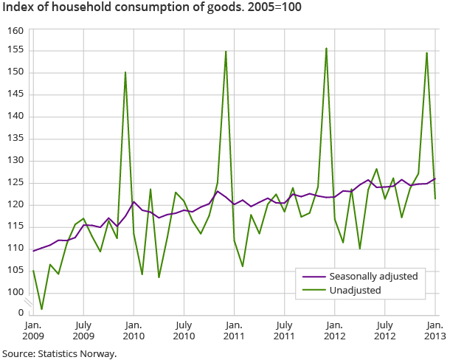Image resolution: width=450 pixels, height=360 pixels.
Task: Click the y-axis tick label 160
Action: coord(16,31)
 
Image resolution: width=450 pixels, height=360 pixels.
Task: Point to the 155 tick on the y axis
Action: coord(16,50)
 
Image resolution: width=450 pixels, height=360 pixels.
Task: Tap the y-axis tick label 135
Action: coord(16,138)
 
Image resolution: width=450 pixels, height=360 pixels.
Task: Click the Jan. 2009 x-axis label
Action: coord(32,329)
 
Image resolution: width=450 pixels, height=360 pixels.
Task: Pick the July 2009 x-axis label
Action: coord(83,329)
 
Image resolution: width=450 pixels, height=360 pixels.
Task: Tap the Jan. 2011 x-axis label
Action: coord(234,329)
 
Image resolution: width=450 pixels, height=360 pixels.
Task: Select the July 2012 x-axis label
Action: coord(384,329)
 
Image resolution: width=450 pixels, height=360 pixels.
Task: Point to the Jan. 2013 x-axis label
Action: coord(435,329)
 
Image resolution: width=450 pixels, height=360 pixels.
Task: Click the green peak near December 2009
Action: coord(125,72)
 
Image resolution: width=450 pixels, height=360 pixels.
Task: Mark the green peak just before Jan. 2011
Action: coord(226,51)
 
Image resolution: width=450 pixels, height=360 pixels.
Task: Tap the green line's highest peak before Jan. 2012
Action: coord(326,49)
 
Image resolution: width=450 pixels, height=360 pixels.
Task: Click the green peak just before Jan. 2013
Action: coord(426,52)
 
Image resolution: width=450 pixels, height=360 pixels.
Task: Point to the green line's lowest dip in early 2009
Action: coord(41,309)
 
